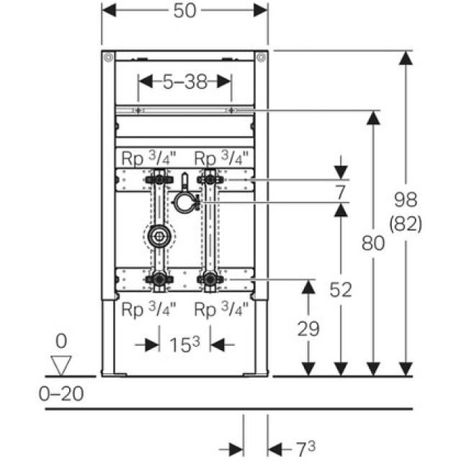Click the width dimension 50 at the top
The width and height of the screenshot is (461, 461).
click(185, 11)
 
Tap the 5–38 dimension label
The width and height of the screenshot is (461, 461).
click(184, 81)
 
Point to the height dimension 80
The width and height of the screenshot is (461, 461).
click(372, 243)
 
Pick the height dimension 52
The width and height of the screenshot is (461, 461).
click(340, 290)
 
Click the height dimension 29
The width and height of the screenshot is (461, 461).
click(308, 328)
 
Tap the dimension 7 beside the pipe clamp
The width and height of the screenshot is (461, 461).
click(340, 192)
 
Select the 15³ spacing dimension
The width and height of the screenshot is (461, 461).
click(186, 345)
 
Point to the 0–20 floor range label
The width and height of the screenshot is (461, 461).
click(62, 393)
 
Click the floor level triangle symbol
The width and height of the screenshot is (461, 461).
click(63, 364)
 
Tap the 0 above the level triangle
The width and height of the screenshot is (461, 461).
click(63, 339)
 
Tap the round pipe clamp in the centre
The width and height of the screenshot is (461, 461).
click(184, 202)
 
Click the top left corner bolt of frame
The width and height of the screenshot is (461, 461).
click(107, 57)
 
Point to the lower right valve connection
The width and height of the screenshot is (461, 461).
click(210, 279)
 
